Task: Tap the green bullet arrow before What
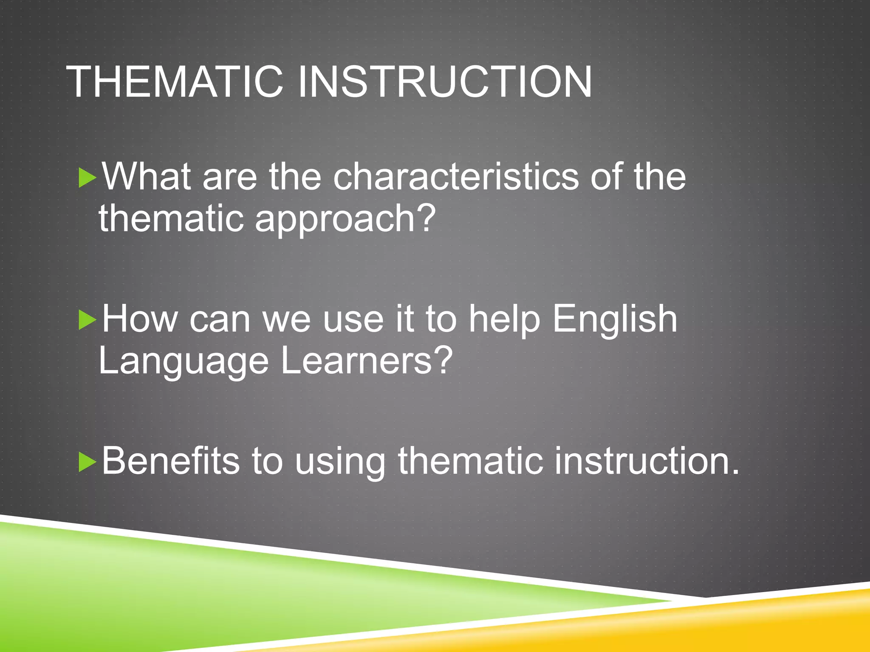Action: click(87, 178)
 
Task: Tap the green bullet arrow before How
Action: click(87, 320)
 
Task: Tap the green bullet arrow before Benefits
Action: click(87, 462)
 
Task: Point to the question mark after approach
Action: click(425, 217)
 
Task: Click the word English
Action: click(614, 319)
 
